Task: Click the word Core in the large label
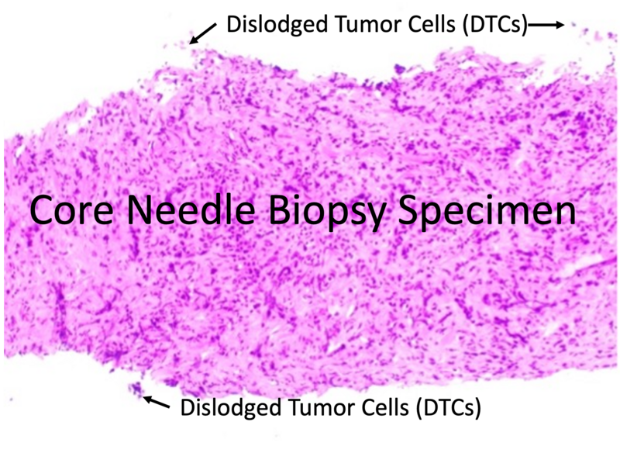(71, 209)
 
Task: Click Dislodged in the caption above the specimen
(277, 25)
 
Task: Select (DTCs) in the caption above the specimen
(494, 26)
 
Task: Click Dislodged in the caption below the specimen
(231, 407)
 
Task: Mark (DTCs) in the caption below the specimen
(449, 408)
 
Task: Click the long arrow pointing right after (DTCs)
(546, 25)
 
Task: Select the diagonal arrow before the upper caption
(203, 33)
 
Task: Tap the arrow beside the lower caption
(157, 402)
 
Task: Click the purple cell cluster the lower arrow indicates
(135, 388)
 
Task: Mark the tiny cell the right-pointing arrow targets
(573, 25)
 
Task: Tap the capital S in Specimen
(408, 210)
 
